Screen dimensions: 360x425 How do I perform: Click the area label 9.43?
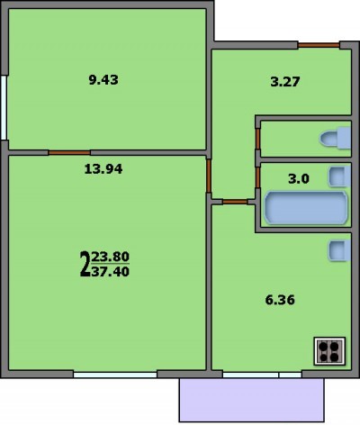(x=103, y=80)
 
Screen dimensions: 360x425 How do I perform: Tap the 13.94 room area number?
(x=103, y=169)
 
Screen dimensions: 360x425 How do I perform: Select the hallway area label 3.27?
(x=285, y=82)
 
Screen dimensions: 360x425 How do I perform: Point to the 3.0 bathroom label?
(x=299, y=179)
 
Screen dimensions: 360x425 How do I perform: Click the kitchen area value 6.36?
(x=280, y=300)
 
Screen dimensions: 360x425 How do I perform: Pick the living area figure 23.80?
(x=111, y=257)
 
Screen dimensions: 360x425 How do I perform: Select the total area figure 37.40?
(x=111, y=272)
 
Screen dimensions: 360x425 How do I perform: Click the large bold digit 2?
(x=85, y=264)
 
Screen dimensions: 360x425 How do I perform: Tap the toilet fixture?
(x=336, y=138)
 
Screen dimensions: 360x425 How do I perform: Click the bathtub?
(x=306, y=208)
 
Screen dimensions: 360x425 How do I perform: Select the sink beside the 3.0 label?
(x=339, y=176)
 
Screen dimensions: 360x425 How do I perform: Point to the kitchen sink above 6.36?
(x=339, y=250)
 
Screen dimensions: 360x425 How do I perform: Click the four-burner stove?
(x=329, y=351)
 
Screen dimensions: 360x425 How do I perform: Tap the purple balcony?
(x=252, y=400)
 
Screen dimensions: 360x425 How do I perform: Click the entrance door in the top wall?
(x=319, y=45)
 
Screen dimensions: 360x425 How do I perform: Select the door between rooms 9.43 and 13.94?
(x=69, y=153)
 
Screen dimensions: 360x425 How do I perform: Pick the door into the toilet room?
(x=257, y=139)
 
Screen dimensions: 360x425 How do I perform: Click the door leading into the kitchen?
(x=235, y=202)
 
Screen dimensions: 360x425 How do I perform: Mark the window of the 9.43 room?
(x=4, y=107)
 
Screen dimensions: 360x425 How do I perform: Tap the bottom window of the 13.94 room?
(x=115, y=375)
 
